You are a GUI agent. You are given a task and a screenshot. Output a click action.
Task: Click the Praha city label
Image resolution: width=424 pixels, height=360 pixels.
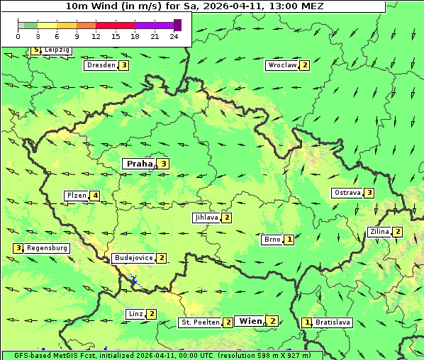pyautogui.click(x=140, y=164)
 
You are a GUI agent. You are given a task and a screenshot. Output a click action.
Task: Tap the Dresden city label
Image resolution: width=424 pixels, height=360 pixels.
pyautogui.click(x=100, y=65)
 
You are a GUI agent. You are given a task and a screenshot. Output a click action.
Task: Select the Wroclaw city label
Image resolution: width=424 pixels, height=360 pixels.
pyautogui.click(x=281, y=65)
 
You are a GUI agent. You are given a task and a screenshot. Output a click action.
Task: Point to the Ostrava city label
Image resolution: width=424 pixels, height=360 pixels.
pyautogui.click(x=347, y=193)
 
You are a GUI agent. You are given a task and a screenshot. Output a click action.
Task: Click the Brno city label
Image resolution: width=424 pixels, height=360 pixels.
pyautogui.click(x=272, y=240)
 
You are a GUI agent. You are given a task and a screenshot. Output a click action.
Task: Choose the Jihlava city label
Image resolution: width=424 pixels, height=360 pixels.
pyautogui.click(x=206, y=218)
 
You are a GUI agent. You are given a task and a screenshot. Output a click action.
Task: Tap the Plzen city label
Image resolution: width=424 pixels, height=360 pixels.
pyautogui.click(x=76, y=196)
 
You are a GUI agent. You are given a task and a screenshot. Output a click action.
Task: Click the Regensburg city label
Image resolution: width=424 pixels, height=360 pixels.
pyautogui.click(x=48, y=248)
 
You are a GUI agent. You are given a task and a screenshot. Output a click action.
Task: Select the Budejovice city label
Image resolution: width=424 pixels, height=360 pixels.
pyautogui.click(x=133, y=258)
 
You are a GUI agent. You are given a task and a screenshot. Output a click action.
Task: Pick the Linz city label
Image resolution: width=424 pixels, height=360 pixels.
pyautogui.click(x=135, y=314)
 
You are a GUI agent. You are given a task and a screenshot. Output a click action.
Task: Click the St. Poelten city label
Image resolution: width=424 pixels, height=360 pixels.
pyautogui.click(x=200, y=322)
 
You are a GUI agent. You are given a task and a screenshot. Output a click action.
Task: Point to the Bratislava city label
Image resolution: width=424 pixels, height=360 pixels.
pyautogui.click(x=333, y=322)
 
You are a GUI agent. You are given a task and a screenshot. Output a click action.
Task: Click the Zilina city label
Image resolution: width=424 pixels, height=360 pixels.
pyautogui.click(x=379, y=232)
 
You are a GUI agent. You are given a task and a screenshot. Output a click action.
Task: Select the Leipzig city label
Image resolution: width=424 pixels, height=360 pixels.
pyautogui.click(x=57, y=50)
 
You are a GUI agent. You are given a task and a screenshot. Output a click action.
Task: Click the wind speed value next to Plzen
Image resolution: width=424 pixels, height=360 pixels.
pyautogui.click(x=95, y=196)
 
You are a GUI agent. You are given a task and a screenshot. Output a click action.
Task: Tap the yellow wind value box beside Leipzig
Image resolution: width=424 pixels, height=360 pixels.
pyautogui.click(x=36, y=50)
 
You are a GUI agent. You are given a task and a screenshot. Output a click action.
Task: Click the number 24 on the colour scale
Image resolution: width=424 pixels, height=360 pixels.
pyautogui.click(x=174, y=36)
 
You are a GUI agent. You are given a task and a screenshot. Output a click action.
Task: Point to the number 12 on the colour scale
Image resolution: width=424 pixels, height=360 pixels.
pyautogui.click(x=96, y=36)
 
